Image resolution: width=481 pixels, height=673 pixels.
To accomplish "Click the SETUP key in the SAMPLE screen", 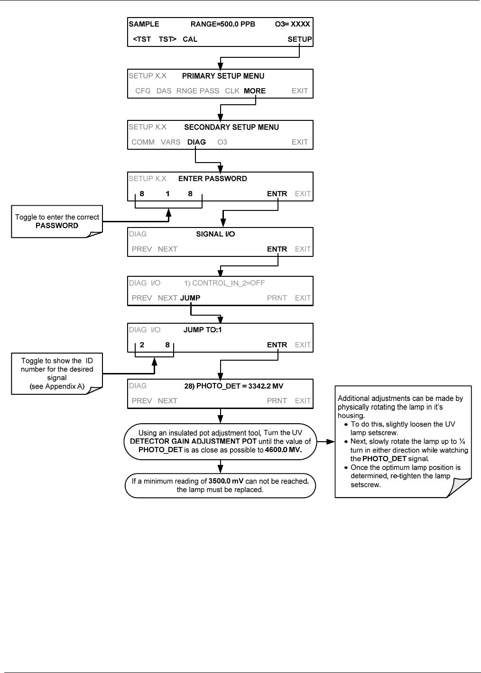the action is click(299, 39).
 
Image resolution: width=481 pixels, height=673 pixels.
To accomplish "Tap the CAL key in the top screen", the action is click(190, 39).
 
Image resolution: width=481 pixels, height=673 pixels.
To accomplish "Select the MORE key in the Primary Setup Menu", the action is click(255, 91).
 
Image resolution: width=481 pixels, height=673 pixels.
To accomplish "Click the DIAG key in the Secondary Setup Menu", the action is click(196, 142).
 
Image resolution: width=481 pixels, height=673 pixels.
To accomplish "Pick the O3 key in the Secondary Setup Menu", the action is click(222, 142).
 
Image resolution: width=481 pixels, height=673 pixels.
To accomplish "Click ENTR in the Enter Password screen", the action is click(277, 193).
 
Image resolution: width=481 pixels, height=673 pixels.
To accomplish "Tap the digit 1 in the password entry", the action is click(167, 193).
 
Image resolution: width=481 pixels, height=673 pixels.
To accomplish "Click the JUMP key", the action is click(190, 298).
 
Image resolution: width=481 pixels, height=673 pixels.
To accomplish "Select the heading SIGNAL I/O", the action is click(215, 234).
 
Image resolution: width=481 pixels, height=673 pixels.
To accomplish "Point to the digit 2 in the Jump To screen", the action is click(142, 345).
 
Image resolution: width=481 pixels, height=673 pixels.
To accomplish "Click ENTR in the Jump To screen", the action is click(277, 345).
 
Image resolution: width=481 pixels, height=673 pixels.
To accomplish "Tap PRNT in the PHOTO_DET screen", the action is click(277, 400).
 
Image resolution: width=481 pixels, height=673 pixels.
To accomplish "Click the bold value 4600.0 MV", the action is click(283, 450).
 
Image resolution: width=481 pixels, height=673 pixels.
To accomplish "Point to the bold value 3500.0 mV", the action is click(226, 481).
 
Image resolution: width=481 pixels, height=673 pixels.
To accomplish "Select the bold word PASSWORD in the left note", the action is click(57, 226).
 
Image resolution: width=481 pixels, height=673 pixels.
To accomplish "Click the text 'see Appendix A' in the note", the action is click(57, 386).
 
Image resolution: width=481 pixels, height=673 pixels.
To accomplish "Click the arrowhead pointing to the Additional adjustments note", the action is click(330, 442).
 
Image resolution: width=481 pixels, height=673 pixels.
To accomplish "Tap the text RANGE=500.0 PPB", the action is click(223, 24).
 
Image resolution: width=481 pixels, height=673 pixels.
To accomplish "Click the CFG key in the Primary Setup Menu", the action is click(143, 91).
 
